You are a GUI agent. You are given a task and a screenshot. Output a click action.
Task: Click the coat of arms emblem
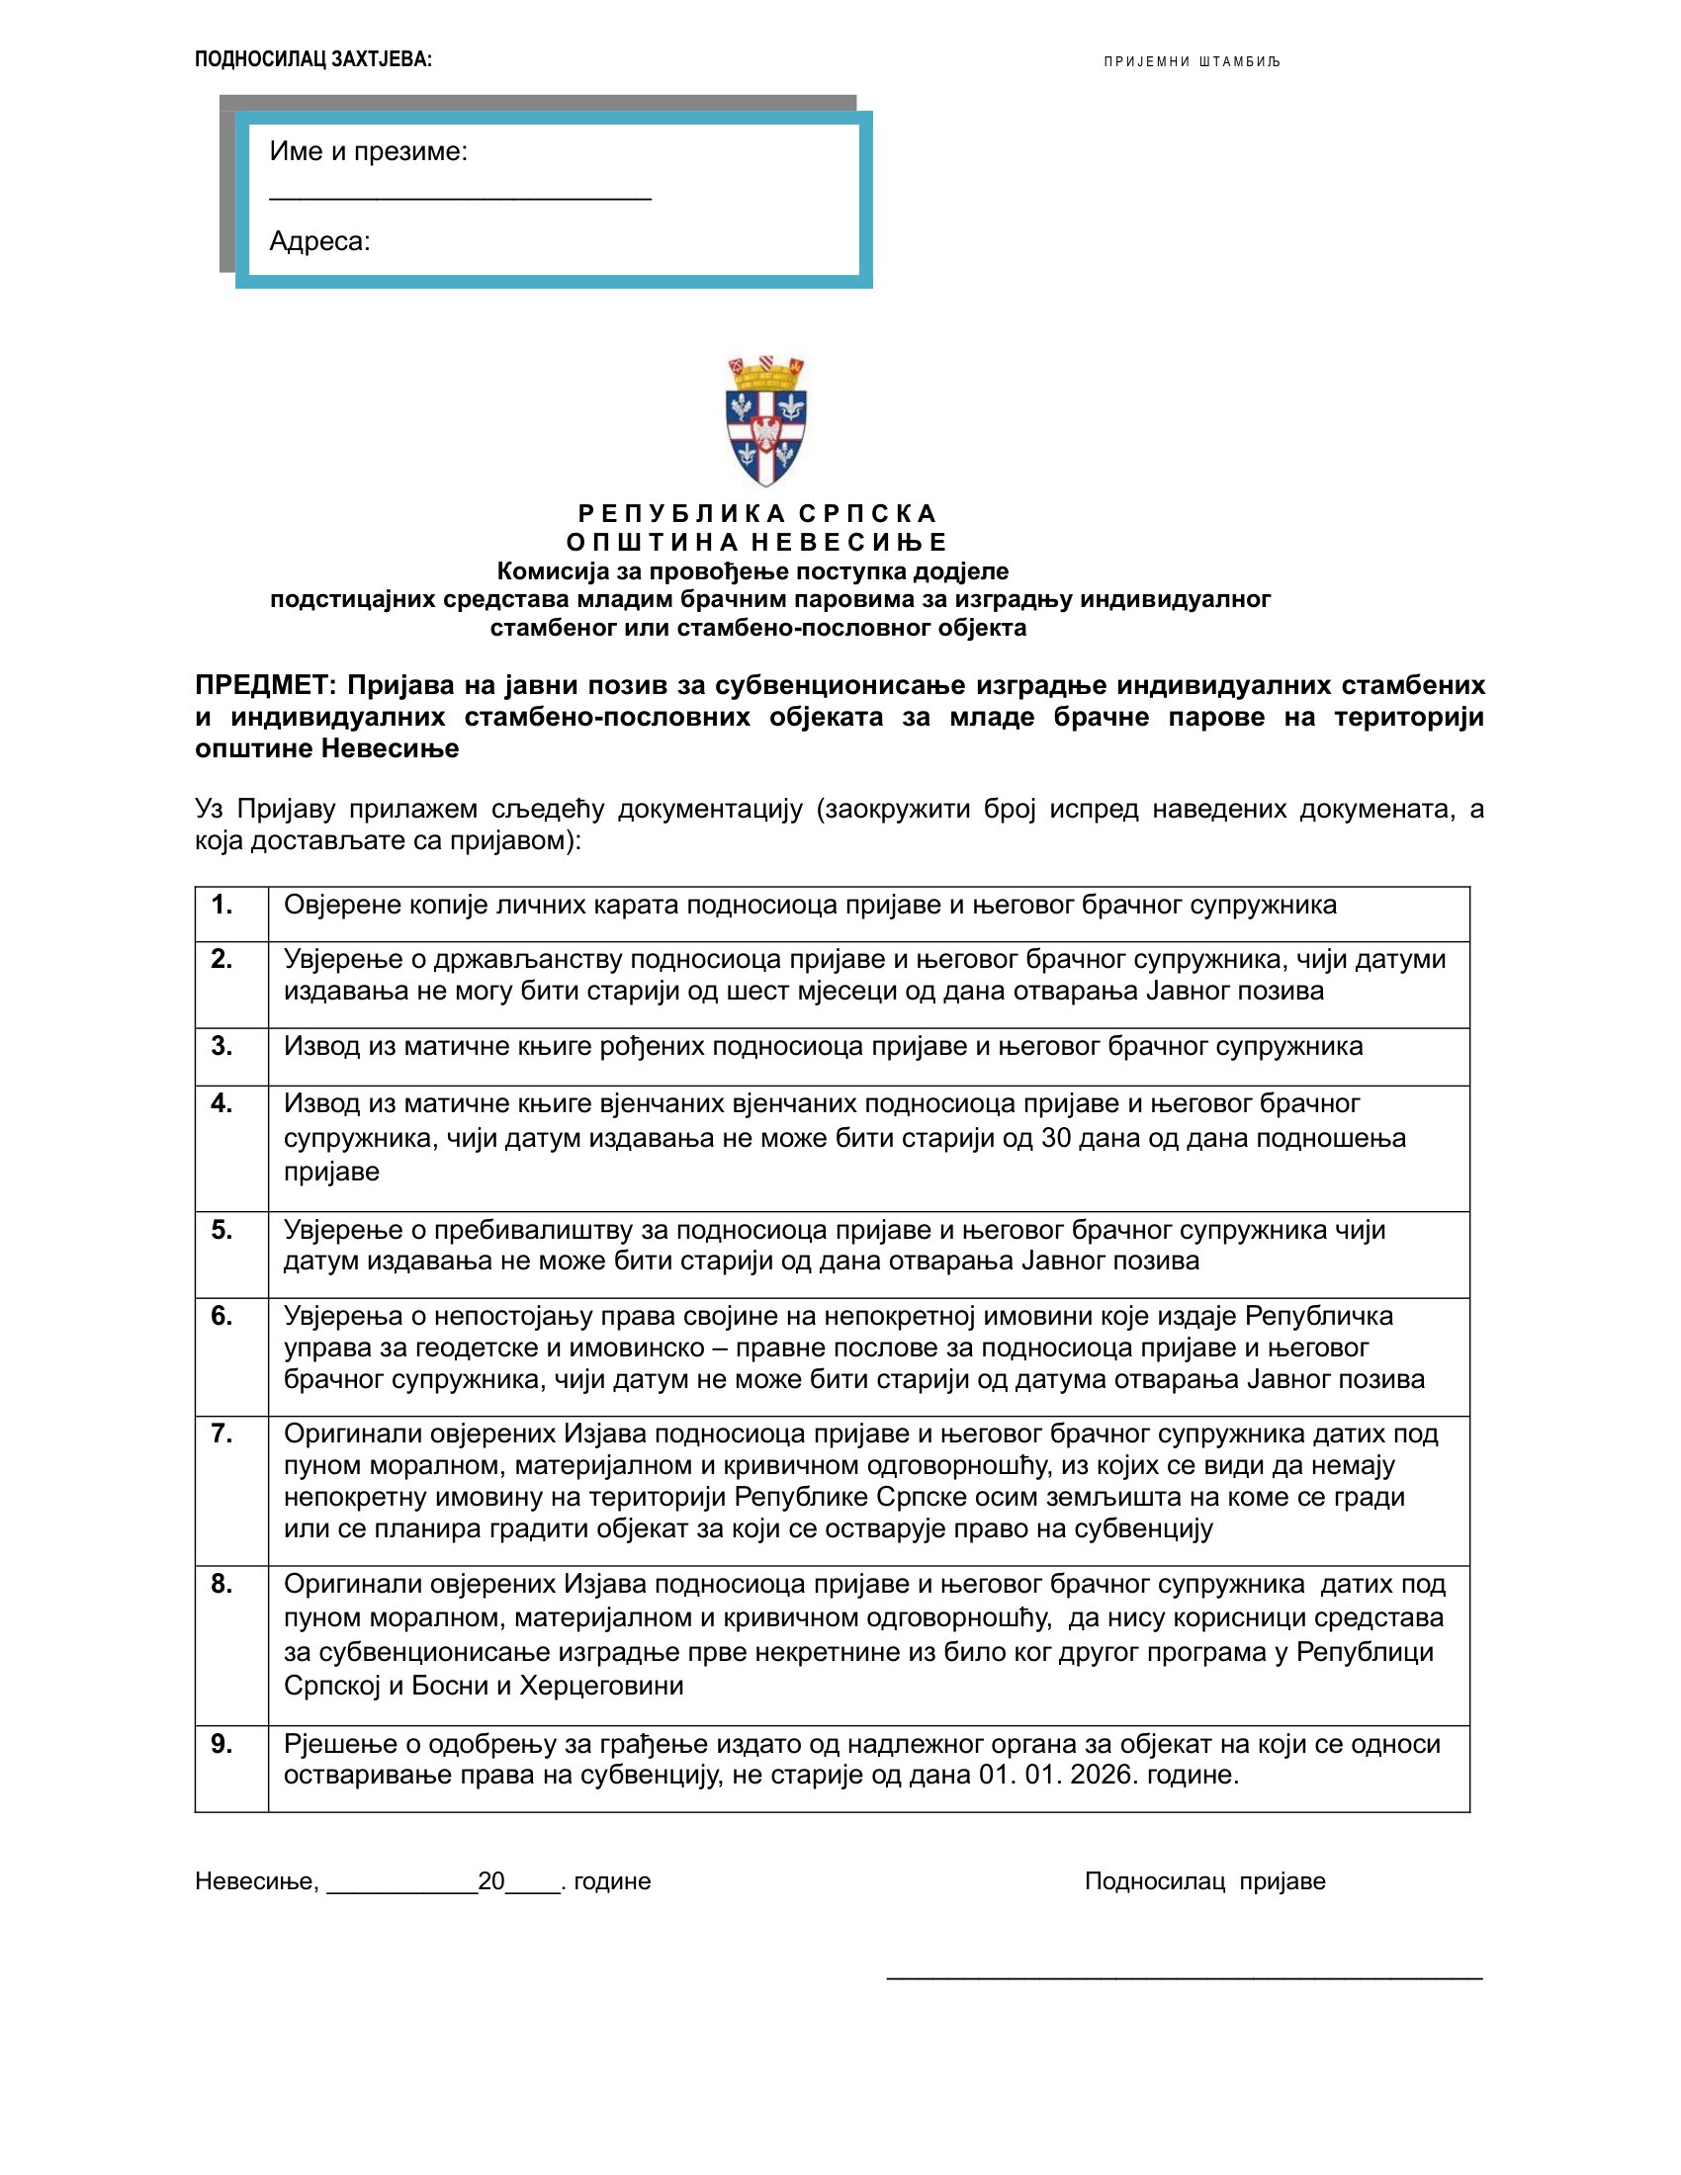click(765, 419)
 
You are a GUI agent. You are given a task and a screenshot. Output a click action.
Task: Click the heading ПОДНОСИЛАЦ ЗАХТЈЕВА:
click(312, 59)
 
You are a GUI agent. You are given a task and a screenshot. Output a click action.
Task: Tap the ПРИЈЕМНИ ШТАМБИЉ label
click(1192, 61)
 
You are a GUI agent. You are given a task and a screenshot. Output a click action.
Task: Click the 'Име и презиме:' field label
click(369, 151)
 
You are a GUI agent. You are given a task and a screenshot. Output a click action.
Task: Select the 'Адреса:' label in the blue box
click(319, 241)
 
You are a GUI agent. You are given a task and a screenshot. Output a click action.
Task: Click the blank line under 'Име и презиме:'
click(460, 197)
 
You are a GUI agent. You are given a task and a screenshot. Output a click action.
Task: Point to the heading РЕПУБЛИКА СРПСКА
click(756, 514)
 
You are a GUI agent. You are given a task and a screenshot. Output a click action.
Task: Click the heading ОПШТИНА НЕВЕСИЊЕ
click(756, 543)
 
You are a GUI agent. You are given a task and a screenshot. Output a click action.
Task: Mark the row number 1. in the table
click(221, 905)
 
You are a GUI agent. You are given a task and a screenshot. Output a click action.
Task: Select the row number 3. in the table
click(221, 1046)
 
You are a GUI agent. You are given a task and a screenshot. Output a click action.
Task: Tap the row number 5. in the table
click(221, 1230)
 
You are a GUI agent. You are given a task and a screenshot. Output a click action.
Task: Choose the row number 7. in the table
click(221, 1435)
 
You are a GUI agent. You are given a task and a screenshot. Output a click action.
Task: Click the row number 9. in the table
click(221, 1744)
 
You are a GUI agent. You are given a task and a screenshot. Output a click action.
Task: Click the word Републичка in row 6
click(1318, 1316)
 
